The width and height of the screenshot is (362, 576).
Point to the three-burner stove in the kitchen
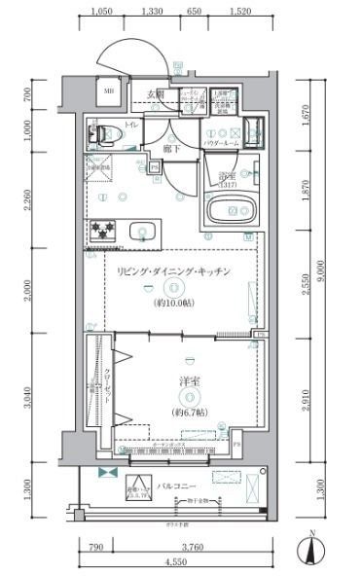click(x=104, y=231)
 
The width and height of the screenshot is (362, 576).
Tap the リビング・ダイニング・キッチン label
click(x=173, y=272)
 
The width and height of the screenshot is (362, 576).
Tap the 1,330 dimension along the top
click(x=152, y=12)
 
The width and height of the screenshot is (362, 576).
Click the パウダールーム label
click(x=221, y=143)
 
